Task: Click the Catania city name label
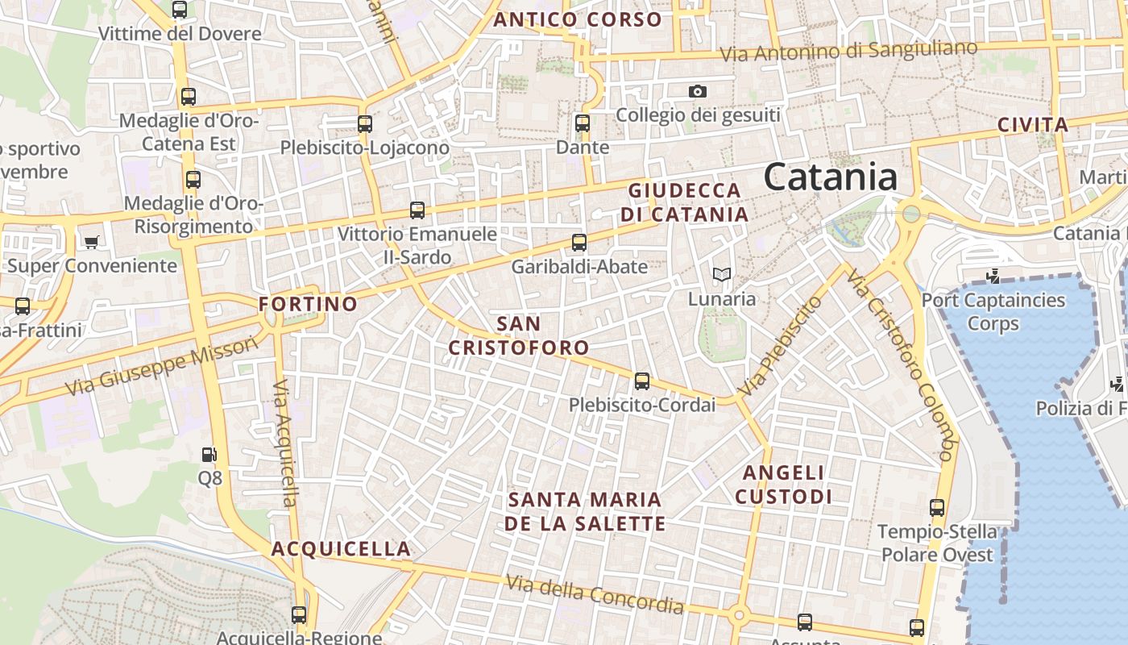click(x=830, y=177)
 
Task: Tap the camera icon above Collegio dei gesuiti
click(x=698, y=92)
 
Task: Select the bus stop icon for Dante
click(x=583, y=123)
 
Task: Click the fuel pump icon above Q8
click(x=209, y=455)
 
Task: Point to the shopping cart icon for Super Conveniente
click(x=91, y=242)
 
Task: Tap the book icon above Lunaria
click(x=721, y=275)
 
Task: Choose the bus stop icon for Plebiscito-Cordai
click(x=642, y=381)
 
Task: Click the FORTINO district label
click(x=308, y=304)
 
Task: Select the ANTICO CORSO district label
click(x=577, y=19)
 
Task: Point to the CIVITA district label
click(x=1033, y=125)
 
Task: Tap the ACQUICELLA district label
click(x=341, y=549)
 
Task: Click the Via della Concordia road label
click(x=595, y=594)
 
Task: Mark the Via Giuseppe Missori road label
click(x=161, y=366)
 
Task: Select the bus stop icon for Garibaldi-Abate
click(x=579, y=242)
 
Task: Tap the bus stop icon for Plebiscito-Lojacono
click(x=365, y=123)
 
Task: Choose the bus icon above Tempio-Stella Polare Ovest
click(x=936, y=508)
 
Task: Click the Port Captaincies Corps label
click(x=993, y=312)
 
